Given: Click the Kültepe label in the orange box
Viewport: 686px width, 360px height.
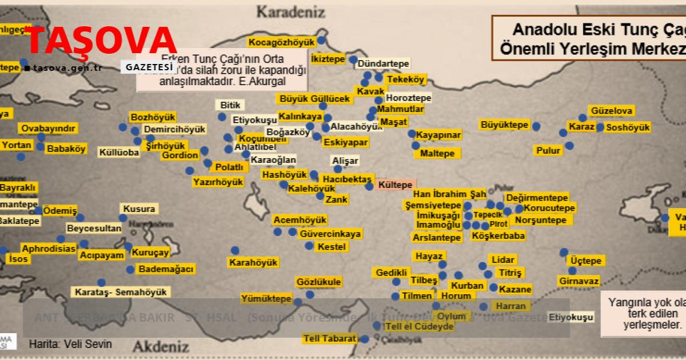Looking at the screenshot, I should click(395, 186).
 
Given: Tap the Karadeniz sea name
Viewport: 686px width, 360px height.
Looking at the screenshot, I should click(290, 10).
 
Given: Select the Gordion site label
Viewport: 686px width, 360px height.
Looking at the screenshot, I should click(180, 155).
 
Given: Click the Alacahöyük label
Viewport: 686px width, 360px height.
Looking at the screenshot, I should click(356, 126).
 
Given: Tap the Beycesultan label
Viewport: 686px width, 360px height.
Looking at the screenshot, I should click(94, 229).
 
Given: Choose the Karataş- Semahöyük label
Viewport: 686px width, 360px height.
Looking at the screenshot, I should click(121, 292).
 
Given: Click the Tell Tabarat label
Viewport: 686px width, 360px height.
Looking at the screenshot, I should click(330, 339).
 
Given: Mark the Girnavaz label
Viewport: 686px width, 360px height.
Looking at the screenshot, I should click(579, 281).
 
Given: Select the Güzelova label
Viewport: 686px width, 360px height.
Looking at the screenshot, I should click(612, 111).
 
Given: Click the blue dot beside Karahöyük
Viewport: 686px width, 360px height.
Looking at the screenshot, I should click(235, 250).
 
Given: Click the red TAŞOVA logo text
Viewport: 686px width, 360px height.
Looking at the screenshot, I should click(102, 39).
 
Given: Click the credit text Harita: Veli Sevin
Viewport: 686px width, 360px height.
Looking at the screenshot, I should click(70, 344).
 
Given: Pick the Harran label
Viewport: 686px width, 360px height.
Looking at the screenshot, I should click(510, 306).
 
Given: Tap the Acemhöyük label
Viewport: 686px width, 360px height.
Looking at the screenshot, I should click(300, 220).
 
